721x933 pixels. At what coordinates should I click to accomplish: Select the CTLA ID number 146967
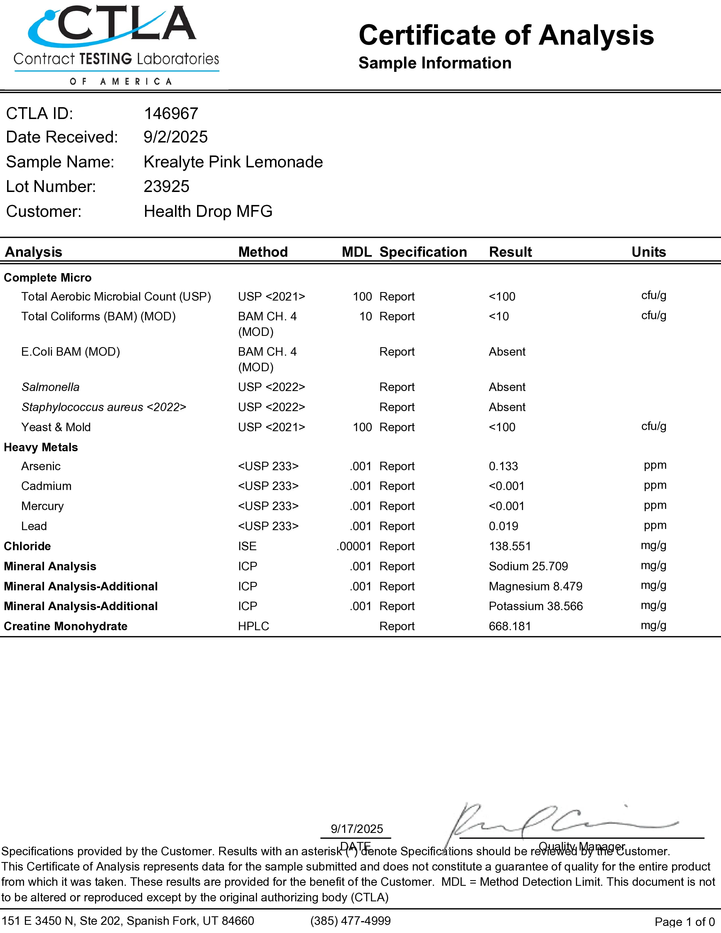pyautogui.click(x=171, y=114)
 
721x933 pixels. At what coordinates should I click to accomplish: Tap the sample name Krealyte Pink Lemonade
pyautogui.click(x=233, y=162)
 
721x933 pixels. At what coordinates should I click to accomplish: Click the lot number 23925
pyautogui.click(x=167, y=187)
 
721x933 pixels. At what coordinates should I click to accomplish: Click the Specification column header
pyautogui.click(x=423, y=252)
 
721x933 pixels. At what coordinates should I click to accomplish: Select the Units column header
pyautogui.click(x=648, y=252)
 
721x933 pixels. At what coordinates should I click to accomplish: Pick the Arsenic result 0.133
pyautogui.click(x=503, y=466)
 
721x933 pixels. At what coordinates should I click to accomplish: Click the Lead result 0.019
pyautogui.click(x=503, y=526)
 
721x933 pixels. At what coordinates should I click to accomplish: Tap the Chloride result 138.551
pyautogui.click(x=510, y=547)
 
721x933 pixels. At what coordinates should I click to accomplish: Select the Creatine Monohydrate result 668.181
pyautogui.click(x=510, y=626)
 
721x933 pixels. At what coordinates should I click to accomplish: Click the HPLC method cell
pyautogui.click(x=253, y=626)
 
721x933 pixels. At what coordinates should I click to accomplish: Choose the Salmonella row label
pyautogui.click(x=50, y=387)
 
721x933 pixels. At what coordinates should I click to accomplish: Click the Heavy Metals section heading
pyautogui.click(x=41, y=447)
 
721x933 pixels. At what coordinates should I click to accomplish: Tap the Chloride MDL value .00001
pyautogui.click(x=354, y=547)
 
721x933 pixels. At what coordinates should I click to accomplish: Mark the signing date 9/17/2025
pyautogui.click(x=357, y=829)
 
